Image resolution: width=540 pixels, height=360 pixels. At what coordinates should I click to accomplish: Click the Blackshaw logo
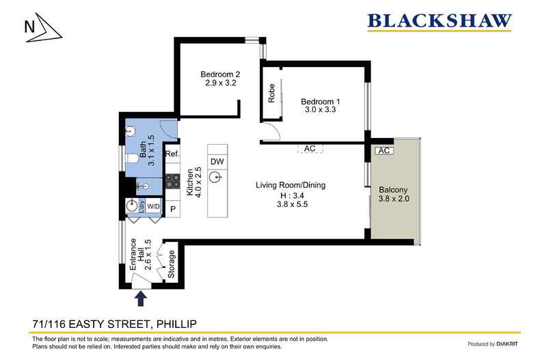pyautogui.click(x=440, y=22)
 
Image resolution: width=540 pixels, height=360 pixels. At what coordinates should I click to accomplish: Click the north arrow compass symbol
pyautogui.click(x=43, y=28)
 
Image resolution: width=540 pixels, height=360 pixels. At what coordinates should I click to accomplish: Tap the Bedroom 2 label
pyautogui.click(x=220, y=78)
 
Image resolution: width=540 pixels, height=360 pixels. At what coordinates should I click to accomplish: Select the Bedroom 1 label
pyautogui.click(x=321, y=105)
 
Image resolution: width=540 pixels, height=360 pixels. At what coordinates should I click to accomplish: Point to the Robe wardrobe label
pyautogui.click(x=271, y=93)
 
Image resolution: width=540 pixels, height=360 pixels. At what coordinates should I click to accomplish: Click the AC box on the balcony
pyautogui.click(x=384, y=151)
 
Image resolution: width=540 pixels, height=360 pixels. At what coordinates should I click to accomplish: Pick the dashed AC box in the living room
pyautogui.click(x=310, y=148)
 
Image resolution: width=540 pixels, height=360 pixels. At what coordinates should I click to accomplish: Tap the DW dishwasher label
pyautogui.click(x=217, y=161)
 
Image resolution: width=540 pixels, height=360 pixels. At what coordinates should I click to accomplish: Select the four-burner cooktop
pyautogui.click(x=172, y=181)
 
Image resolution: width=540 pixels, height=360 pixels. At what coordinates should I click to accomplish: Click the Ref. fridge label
pyautogui.click(x=172, y=154)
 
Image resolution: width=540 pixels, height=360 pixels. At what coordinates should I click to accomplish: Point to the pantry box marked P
pyautogui.click(x=173, y=208)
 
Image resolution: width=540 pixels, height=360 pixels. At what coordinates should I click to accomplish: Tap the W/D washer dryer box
pyautogui.click(x=153, y=206)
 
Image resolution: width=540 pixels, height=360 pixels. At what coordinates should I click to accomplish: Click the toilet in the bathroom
pyautogui.click(x=131, y=158)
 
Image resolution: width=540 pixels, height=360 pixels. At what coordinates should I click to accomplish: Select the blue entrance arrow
pyautogui.click(x=141, y=299)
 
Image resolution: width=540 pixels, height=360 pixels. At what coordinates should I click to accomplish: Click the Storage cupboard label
pyautogui.click(x=171, y=264)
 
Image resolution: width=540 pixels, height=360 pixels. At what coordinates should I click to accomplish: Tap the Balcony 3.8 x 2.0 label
pyautogui.click(x=393, y=194)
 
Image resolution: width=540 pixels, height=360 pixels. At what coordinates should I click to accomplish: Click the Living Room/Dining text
pyautogui.click(x=291, y=185)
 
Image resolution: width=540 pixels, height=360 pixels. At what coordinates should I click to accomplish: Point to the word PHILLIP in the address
pyautogui.click(x=176, y=324)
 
